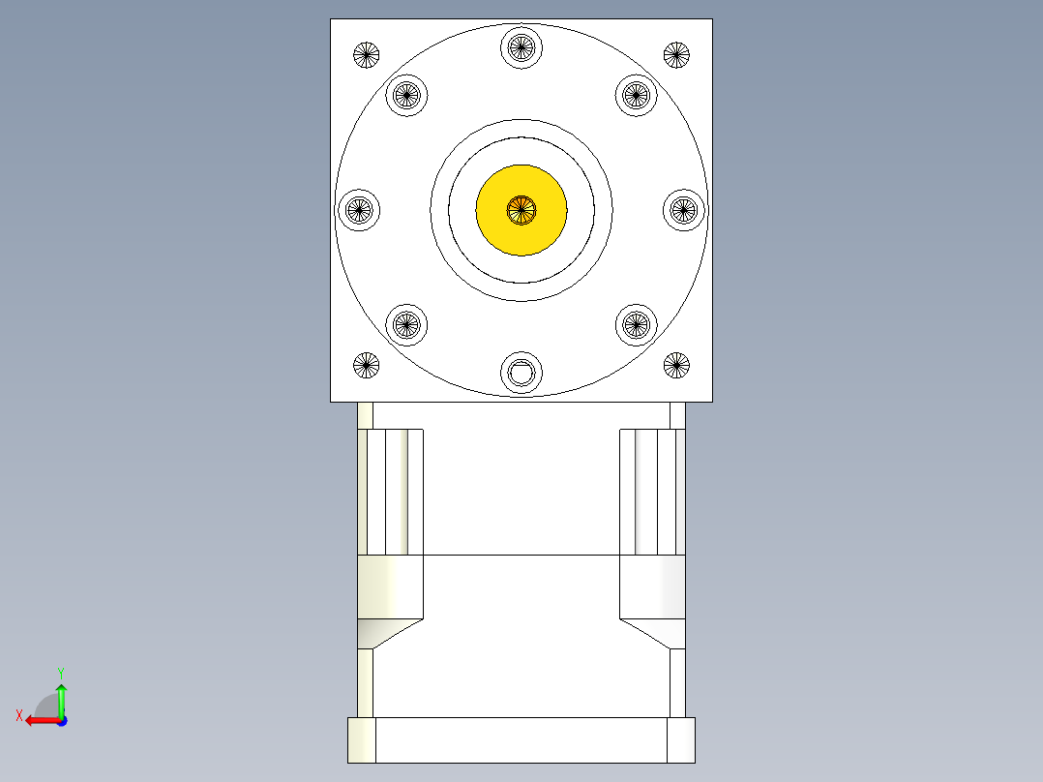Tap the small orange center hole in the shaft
pos(521,208)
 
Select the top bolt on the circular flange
pos(521,45)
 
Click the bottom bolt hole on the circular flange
pos(521,372)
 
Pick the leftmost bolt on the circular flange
pos(359,208)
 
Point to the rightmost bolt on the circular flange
pos(684,208)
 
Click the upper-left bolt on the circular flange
pos(406,94)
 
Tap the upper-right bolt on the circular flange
pos(636,94)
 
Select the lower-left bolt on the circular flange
pos(406,324)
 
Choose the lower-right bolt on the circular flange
pos(636,324)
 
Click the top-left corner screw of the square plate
pos(366,54)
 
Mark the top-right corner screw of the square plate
pos(676,54)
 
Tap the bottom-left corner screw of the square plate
pos(366,365)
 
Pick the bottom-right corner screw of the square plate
pos(676,365)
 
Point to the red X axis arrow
pos(39,719)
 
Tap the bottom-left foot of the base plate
pos(362,740)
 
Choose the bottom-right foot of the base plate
pos(681,740)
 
